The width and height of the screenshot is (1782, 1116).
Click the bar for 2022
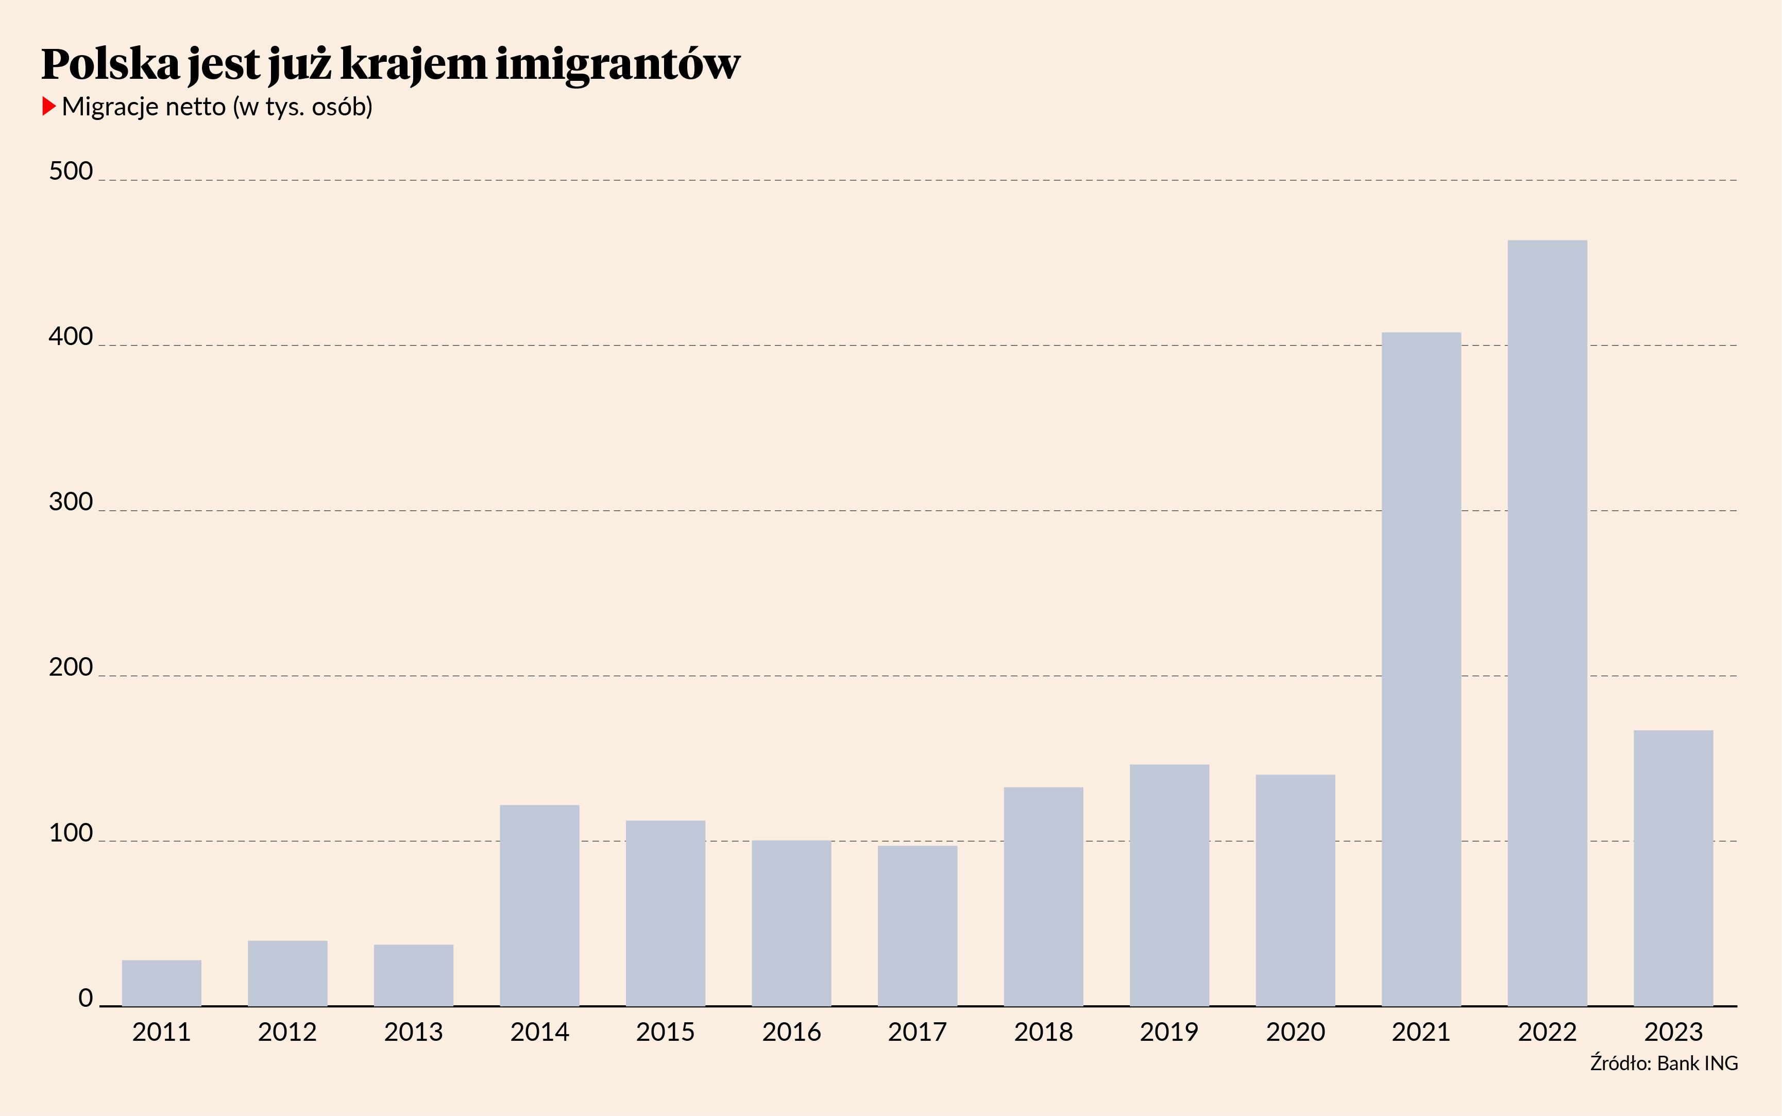click(x=1547, y=623)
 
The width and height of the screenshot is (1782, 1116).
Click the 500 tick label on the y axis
click(x=71, y=171)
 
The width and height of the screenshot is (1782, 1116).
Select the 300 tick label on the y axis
click(x=71, y=502)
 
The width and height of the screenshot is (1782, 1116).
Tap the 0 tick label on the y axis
click(x=86, y=998)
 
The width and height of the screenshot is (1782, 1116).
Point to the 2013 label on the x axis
click(x=413, y=1032)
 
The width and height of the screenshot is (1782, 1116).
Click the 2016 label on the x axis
click(x=791, y=1032)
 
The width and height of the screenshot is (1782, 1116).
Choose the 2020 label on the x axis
click(x=1296, y=1032)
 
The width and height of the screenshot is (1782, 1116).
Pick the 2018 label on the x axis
click(x=1043, y=1032)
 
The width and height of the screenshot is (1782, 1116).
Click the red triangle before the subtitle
click(x=49, y=106)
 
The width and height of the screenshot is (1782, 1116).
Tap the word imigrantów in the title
click(x=617, y=64)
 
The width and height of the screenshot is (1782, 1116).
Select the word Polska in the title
click(x=111, y=64)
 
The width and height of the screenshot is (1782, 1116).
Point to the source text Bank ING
click(x=1697, y=1063)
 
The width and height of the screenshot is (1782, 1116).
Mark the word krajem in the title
click(x=413, y=64)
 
